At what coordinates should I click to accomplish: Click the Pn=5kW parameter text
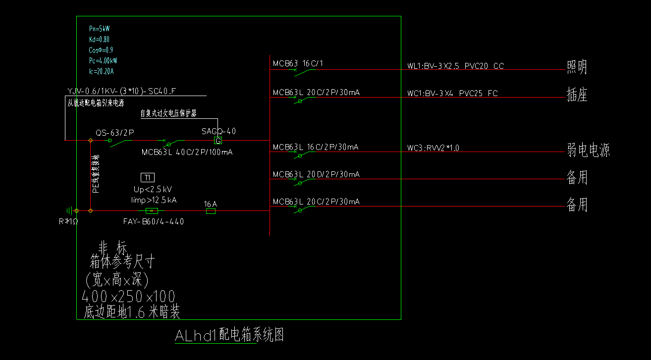(x=99, y=29)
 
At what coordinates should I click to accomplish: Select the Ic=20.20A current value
(x=101, y=71)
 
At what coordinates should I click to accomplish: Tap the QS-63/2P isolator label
(x=115, y=133)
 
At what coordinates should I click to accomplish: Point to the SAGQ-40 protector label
(x=218, y=131)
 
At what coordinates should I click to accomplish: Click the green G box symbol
(x=218, y=141)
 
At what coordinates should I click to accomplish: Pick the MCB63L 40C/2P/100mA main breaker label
(x=187, y=152)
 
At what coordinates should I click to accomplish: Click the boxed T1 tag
(x=148, y=177)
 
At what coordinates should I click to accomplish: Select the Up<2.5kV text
(x=153, y=190)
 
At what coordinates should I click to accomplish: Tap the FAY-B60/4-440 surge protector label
(x=153, y=221)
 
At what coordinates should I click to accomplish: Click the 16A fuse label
(x=211, y=204)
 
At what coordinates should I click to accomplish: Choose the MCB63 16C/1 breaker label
(x=298, y=63)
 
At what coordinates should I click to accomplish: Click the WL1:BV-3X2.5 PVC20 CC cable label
(x=455, y=66)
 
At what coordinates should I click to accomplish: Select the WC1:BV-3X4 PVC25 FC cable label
(x=452, y=93)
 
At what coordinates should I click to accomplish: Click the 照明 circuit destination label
(x=577, y=67)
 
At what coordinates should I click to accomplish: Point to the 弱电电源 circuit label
(x=588, y=150)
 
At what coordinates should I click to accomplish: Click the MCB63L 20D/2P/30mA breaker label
(x=316, y=174)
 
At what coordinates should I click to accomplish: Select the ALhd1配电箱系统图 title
(x=229, y=335)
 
